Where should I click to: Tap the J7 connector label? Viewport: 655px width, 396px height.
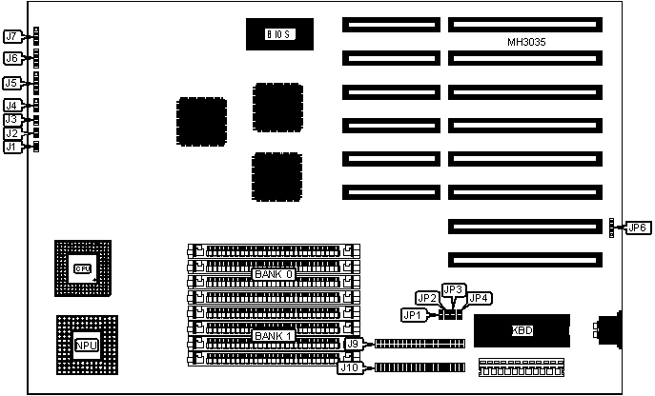(x=11, y=37)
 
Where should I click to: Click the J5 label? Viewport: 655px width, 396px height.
(x=11, y=84)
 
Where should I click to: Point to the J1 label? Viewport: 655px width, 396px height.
(x=11, y=147)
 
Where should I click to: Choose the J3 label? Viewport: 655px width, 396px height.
(x=11, y=120)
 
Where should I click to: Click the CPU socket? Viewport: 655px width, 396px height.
(x=82, y=268)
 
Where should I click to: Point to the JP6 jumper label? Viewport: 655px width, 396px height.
(x=637, y=228)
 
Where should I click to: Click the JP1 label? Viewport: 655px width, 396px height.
(x=412, y=314)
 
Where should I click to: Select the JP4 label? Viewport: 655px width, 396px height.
(x=480, y=298)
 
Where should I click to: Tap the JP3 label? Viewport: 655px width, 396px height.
(x=454, y=289)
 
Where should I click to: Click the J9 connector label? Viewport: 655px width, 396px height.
(x=351, y=344)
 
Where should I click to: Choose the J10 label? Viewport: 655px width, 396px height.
(x=350, y=367)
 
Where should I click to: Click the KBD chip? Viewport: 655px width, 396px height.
(x=522, y=332)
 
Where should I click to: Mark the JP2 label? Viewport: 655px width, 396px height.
(x=427, y=298)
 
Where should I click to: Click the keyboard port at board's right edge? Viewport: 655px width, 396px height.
(x=607, y=331)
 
